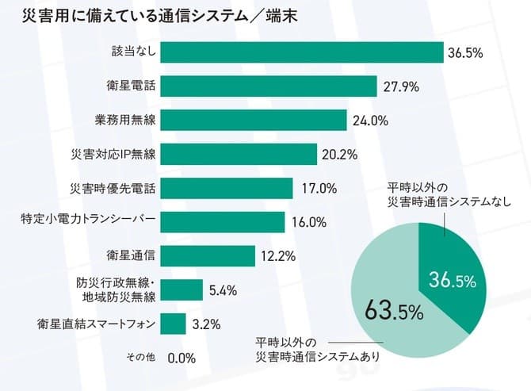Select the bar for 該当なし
coord(302,52)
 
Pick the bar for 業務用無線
coord(254,120)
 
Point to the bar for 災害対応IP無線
coord(239,154)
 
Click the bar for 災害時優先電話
coord(227,188)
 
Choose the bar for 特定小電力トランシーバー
coord(223,221)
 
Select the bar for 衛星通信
coord(208,255)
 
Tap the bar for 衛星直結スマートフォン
coord(174,324)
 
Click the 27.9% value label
coord(402,86)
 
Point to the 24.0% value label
coord(370,121)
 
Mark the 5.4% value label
coord(223,290)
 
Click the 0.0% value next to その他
coord(181,358)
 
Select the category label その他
coord(141,358)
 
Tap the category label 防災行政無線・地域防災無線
coord(116,289)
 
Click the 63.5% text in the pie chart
coord(393,310)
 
